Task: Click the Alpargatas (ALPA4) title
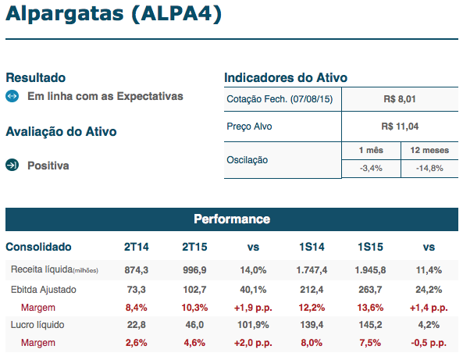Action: (x=113, y=14)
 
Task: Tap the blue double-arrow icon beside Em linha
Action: (x=12, y=96)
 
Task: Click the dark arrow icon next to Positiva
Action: (x=12, y=165)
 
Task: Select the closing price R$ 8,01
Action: (x=400, y=99)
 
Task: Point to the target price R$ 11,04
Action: (x=400, y=127)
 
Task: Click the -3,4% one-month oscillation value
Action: (x=371, y=169)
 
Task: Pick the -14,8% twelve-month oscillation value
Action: (x=429, y=169)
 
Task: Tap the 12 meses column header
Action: (x=429, y=150)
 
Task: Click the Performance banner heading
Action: (x=232, y=219)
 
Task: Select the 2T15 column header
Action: (x=194, y=247)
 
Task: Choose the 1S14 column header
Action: (x=312, y=247)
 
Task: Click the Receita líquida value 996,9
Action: (x=194, y=270)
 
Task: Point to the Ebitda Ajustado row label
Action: (x=44, y=290)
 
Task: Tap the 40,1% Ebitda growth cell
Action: (x=253, y=290)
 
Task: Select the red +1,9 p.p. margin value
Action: (x=253, y=308)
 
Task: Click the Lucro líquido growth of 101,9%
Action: (x=253, y=325)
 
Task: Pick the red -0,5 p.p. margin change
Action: (x=429, y=343)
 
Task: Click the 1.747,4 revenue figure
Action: (x=312, y=270)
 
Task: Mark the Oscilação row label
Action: (x=248, y=160)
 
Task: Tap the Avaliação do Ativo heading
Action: (x=61, y=132)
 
